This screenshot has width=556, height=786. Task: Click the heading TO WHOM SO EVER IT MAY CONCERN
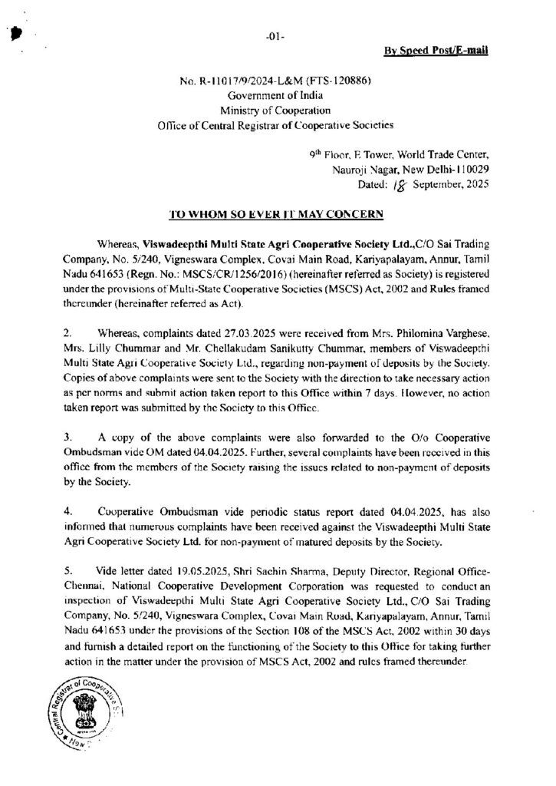pos(277,211)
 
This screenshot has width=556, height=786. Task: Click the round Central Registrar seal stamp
pos(93,718)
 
